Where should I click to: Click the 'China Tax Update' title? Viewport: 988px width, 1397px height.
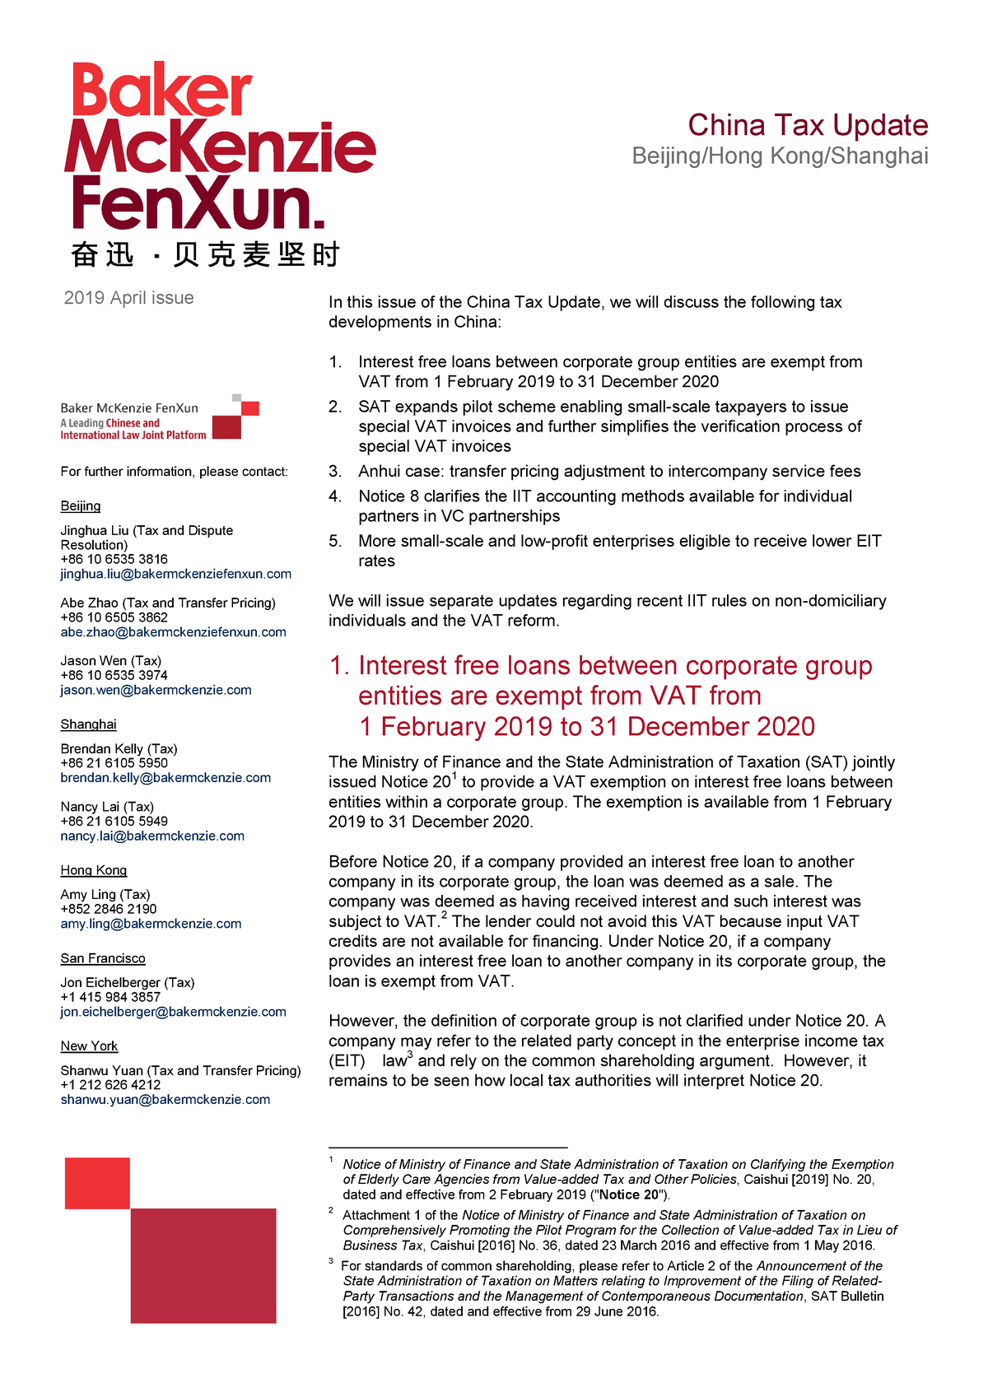tap(808, 125)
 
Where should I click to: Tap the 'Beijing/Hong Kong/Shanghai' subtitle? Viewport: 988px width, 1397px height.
tap(780, 156)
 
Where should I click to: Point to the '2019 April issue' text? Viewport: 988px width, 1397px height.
tap(129, 298)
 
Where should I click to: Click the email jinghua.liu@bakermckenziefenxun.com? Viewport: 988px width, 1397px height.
tap(176, 574)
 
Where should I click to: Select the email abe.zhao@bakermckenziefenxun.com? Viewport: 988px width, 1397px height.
tap(174, 632)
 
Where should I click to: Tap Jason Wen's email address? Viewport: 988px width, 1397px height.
tap(156, 690)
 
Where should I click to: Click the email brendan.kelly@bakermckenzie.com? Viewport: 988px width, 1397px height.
tap(165, 778)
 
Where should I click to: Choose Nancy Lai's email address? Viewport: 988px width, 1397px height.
tap(152, 836)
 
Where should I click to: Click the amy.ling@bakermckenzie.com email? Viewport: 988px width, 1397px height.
tap(151, 924)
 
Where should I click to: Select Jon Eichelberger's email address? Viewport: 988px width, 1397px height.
tap(174, 1012)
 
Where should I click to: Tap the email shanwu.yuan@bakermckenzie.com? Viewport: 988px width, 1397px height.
tap(165, 1100)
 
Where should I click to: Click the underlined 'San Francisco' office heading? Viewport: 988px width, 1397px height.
tap(103, 958)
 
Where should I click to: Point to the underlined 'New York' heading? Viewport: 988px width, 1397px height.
tap(89, 1046)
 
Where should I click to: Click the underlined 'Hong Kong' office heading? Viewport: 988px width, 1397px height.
tap(94, 870)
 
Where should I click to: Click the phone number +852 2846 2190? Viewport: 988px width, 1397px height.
tap(109, 909)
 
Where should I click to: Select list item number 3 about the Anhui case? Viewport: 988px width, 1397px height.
tap(609, 472)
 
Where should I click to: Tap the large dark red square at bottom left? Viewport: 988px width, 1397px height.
tap(203, 1265)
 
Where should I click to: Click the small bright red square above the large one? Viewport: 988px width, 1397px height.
tap(97, 1183)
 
